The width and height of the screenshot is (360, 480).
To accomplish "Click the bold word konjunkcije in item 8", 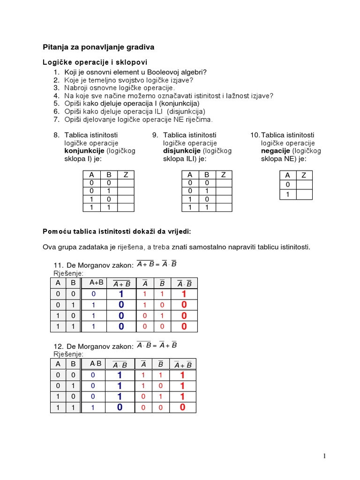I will pyautogui.click(x=84, y=151).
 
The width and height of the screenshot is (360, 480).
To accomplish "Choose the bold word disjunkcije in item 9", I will pyautogui.click(x=182, y=151).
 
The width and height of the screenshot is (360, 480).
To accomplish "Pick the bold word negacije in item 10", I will pyautogui.click(x=276, y=151).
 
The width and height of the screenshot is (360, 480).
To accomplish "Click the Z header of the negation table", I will pyautogui.click(x=304, y=175).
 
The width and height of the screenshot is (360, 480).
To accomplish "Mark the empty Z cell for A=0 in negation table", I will pyautogui.click(x=304, y=185).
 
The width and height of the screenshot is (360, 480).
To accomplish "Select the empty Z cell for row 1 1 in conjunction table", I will pyautogui.click(x=125, y=207).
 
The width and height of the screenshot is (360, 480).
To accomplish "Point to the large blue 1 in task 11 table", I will pyautogui.click(x=121, y=294).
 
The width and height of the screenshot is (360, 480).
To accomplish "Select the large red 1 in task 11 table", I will pyautogui.click(x=184, y=294).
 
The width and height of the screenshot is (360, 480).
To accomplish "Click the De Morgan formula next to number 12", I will pyautogui.click(x=157, y=345).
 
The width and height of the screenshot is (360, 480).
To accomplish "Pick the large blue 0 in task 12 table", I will pyautogui.click(x=120, y=407).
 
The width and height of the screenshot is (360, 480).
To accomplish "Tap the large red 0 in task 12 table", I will pyautogui.click(x=182, y=407).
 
